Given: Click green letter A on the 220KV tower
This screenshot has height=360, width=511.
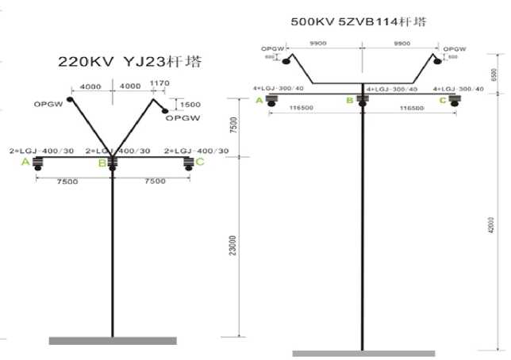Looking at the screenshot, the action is point(26,163).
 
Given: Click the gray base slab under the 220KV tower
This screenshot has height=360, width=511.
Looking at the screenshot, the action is point(112,340).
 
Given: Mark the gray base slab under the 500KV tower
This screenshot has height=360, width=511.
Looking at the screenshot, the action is point(363,353).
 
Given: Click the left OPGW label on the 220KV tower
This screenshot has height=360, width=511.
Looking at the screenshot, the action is point(50,103).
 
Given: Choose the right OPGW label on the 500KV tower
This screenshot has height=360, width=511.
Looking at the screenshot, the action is point(452,48).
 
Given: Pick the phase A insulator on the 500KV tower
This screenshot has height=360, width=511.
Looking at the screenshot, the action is point(271,100).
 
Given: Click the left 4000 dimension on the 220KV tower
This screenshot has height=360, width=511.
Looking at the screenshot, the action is point(91,85).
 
